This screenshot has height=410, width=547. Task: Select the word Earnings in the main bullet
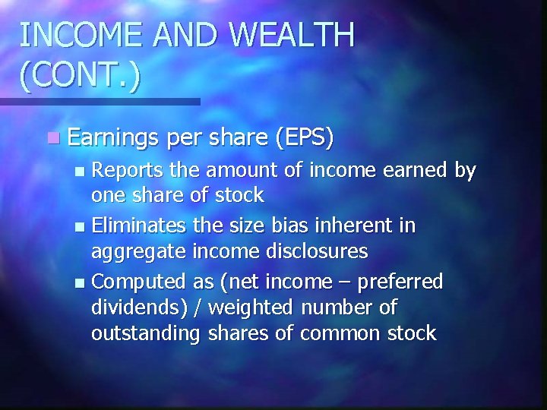[112, 138]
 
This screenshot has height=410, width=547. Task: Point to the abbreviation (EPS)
[305, 138]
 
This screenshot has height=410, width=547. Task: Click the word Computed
[135, 282]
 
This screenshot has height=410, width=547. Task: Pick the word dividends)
[134, 307]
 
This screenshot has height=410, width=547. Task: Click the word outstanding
[144, 333]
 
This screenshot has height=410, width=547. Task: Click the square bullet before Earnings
[51, 139]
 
